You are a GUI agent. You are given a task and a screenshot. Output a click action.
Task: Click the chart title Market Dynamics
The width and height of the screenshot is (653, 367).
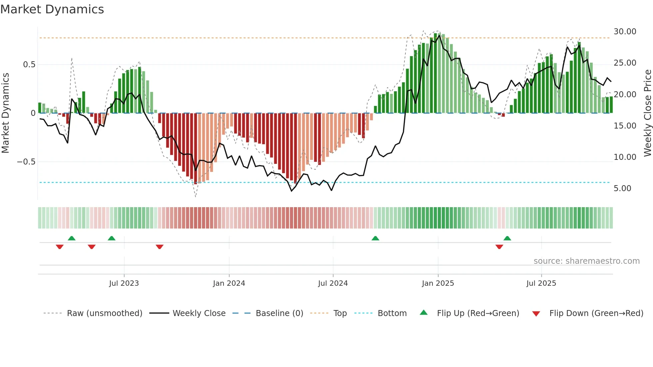(x=52, y=9)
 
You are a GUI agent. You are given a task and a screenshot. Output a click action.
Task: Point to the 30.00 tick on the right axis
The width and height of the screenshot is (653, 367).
(x=625, y=32)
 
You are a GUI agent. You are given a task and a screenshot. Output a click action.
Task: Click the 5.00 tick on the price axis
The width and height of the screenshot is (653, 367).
(x=622, y=188)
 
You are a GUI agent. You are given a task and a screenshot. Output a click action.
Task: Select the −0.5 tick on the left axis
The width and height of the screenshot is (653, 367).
(x=26, y=162)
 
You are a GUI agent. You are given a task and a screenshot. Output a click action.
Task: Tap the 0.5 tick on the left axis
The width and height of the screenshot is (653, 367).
(x=29, y=65)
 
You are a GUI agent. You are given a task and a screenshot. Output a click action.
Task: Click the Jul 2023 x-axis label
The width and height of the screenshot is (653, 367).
(x=124, y=283)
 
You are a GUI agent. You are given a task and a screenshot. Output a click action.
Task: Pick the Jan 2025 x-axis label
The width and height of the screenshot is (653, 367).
(x=438, y=283)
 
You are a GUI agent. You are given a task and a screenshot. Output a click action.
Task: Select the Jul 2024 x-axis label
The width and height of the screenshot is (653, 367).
(x=333, y=283)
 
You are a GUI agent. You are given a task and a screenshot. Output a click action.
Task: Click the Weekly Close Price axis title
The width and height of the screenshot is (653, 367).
(x=647, y=113)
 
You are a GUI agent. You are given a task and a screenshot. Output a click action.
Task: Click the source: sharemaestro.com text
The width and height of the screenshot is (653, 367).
(x=586, y=261)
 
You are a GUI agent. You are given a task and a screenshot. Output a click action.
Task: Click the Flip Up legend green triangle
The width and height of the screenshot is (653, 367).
(x=423, y=312)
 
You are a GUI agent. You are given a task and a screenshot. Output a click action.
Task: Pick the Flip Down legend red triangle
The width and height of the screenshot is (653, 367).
(x=536, y=314)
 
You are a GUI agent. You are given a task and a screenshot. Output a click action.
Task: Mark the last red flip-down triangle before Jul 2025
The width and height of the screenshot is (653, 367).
(x=499, y=247)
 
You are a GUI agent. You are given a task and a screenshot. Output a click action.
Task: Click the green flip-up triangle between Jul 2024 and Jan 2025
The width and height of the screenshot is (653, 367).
(x=375, y=238)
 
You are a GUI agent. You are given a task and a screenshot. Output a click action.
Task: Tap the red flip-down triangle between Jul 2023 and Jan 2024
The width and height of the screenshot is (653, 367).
(x=160, y=247)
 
